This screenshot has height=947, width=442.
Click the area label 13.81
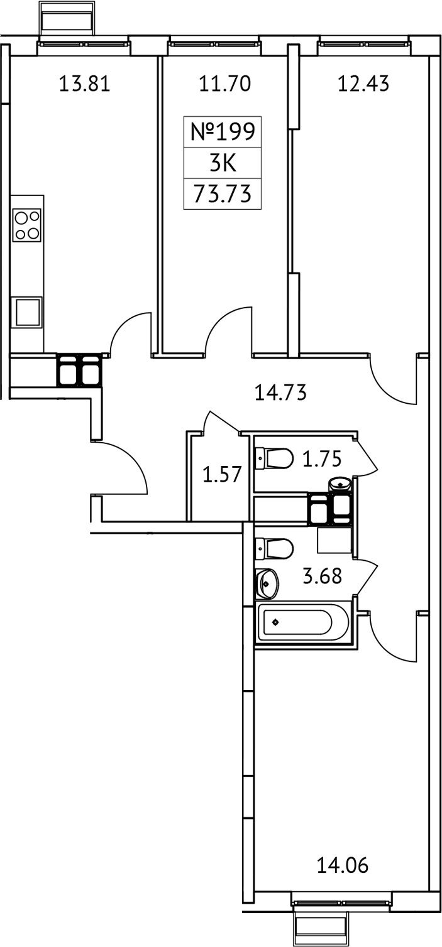[84, 84]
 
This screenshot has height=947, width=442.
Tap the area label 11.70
[225, 84]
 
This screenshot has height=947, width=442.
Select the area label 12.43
[363, 84]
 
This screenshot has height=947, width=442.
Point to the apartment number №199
[222, 133]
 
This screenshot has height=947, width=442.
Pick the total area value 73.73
[222, 194]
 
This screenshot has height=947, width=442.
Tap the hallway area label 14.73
[280, 394]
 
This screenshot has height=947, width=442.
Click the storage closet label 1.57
[222, 473]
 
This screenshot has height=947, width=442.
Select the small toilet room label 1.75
[321, 460]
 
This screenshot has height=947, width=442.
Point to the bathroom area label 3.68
[322, 576]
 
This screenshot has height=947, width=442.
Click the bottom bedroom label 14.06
[343, 867]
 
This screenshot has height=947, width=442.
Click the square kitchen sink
[28, 311]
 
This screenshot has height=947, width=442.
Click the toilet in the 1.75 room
[275, 458]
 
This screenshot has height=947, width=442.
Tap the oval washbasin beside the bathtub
[267, 584]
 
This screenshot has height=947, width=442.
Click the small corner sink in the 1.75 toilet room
[340, 485]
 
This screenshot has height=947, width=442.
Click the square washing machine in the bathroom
[333, 539]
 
